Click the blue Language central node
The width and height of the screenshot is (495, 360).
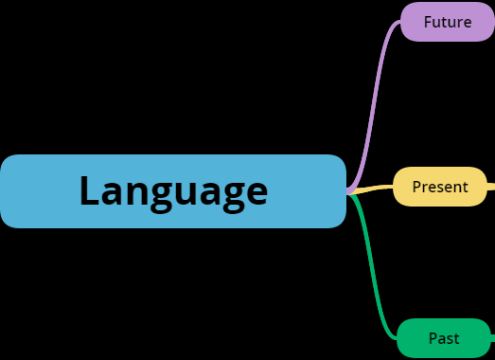173,191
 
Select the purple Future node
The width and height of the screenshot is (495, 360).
448,22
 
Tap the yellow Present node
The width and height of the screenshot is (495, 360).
439,187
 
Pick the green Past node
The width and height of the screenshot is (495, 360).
444,338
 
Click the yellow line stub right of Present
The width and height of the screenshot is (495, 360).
491,187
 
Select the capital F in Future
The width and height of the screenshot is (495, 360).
428,22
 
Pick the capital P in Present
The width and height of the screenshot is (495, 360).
416,187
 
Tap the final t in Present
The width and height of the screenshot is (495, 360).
465,188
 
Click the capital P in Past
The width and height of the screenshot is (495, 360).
433,338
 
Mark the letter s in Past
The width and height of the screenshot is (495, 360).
449,339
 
